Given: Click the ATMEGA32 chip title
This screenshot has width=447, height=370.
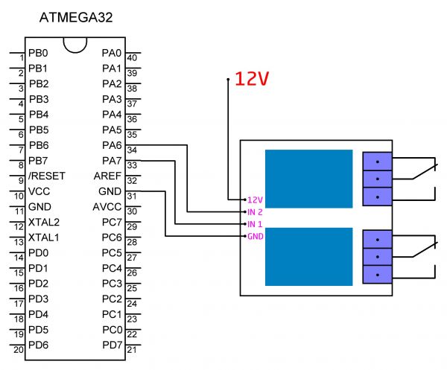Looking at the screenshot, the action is click(76, 18).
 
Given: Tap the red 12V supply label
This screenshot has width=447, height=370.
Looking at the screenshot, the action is click(252, 79).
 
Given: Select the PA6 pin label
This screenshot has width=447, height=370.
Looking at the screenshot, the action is click(112, 145).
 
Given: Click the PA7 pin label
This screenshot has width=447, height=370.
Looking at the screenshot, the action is click(112, 161).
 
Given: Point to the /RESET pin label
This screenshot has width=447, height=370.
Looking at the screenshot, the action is click(47, 176).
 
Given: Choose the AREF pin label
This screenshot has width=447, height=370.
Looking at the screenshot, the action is click(107, 176).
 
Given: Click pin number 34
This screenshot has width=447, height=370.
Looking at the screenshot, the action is click(132, 150).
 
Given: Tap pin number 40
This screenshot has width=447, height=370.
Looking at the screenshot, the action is click(132, 58).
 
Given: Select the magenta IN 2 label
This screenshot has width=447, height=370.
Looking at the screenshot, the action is click(255, 212).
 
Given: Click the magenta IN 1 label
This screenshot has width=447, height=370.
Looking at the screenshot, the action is click(255, 224).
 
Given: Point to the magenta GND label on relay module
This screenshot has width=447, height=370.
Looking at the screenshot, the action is click(255, 237).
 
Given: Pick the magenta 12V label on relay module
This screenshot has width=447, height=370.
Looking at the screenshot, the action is click(255, 200).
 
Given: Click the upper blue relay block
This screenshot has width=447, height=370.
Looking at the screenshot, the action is click(308, 179).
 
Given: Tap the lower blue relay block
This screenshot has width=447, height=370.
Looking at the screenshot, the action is click(308, 257).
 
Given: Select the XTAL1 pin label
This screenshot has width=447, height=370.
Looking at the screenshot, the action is click(44, 237).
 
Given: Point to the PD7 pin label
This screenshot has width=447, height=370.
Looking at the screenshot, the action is click(112, 345).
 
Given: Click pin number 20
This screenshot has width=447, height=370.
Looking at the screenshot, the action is click(19, 349).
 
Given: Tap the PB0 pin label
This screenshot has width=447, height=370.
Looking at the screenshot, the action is click(38, 53).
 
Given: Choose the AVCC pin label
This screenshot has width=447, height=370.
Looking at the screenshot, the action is click(107, 207).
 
